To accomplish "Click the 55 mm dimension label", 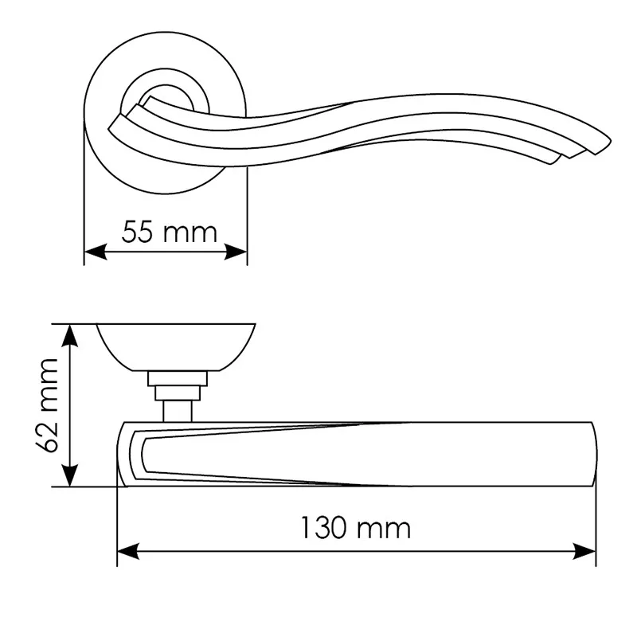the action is pos(170,232).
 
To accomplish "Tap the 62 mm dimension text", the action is pos(48,405).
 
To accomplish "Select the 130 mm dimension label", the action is pos(355,528).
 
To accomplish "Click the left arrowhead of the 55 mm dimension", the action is pos(96,252).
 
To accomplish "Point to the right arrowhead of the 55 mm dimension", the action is pos(236,252).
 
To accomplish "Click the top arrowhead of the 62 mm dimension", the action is pos(70,335).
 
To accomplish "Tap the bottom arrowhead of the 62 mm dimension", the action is pos(70,475).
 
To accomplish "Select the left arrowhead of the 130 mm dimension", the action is pos(128,551).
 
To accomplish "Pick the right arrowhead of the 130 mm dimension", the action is pos(584,551).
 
